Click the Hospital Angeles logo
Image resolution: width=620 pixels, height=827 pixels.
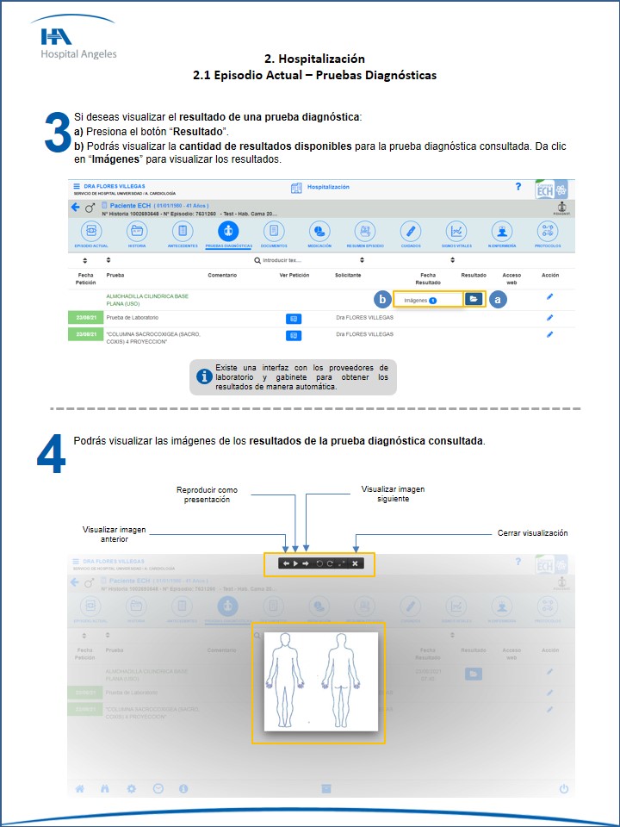coord(78,41)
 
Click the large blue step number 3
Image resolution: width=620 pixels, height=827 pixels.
coord(57,134)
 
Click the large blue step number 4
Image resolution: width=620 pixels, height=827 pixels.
coord(51,454)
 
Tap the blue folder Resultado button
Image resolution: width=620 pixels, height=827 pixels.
coord(474,298)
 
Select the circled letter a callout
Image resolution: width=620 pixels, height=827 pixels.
coord(499,299)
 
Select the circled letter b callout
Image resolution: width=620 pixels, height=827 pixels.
coord(382,300)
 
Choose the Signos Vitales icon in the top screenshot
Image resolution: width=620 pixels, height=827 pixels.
coord(456,231)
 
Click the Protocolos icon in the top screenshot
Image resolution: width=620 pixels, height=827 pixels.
coord(548,231)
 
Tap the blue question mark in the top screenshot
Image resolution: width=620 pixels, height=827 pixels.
coord(518,186)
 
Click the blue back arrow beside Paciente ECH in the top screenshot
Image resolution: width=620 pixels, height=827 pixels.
coord(75,208)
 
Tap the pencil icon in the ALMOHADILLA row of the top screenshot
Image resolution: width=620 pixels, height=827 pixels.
coord(550,297)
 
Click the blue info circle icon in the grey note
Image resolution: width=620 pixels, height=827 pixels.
coord(204,376)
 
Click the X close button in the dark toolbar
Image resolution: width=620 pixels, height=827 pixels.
coord(355,563)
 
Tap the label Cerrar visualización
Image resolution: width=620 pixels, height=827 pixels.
coord(532,533)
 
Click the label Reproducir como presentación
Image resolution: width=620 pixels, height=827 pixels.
coord(207,494)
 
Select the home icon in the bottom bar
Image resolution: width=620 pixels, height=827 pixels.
coord(80,788)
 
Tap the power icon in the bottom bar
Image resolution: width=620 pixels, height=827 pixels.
coord(564,788)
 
